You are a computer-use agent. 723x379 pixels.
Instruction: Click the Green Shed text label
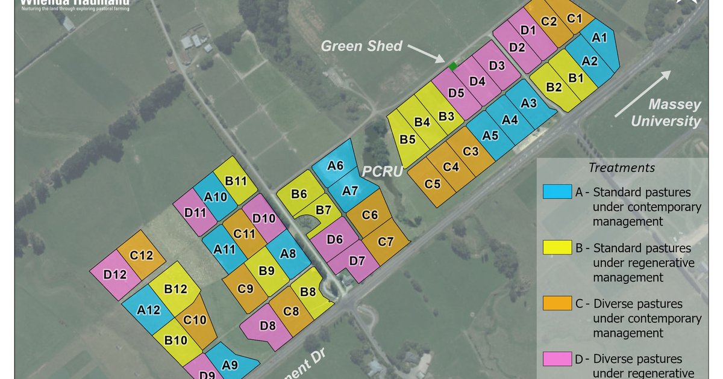361,46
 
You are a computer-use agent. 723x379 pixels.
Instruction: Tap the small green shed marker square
452,66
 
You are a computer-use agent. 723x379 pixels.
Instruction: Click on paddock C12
141,256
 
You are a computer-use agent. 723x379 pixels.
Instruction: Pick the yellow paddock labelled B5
408,140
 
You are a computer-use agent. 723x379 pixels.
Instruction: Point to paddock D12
114,275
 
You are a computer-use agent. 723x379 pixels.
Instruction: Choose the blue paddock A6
336,165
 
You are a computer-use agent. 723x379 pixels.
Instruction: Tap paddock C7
386,242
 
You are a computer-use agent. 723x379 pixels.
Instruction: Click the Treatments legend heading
621,168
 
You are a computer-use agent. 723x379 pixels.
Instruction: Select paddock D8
268,327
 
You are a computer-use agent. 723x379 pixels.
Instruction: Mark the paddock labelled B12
176,289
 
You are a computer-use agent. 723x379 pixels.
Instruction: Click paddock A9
230,364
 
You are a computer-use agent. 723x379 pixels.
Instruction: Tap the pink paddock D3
496,66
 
